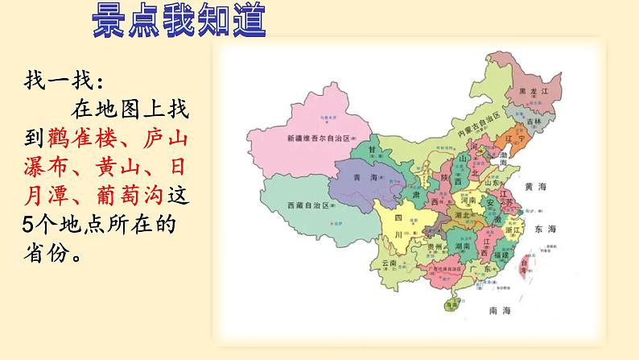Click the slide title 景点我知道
(179, 21)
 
